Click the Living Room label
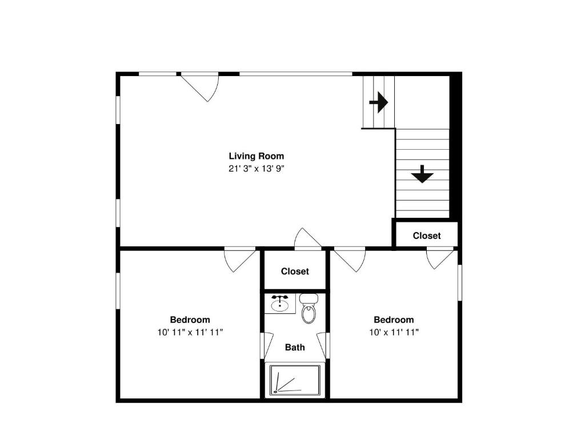coord(256,155)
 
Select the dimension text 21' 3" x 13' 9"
coord(256,169)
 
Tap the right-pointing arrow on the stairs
coord(378,103)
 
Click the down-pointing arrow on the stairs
coord(422,174)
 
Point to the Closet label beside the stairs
coord(427,236)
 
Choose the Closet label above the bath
coord(295,272)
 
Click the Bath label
coord(295,347)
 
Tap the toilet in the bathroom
coord(308,309)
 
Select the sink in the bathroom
coord(279,304)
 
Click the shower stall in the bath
coord(295,380)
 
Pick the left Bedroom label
coord(190,320)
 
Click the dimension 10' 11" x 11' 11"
coord(190,332)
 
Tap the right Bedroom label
coord(394,320)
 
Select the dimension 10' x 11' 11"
coord(394,332)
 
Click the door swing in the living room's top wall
coord(203,86)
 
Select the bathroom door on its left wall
coord(267,345)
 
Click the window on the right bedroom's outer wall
coord(459,282)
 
